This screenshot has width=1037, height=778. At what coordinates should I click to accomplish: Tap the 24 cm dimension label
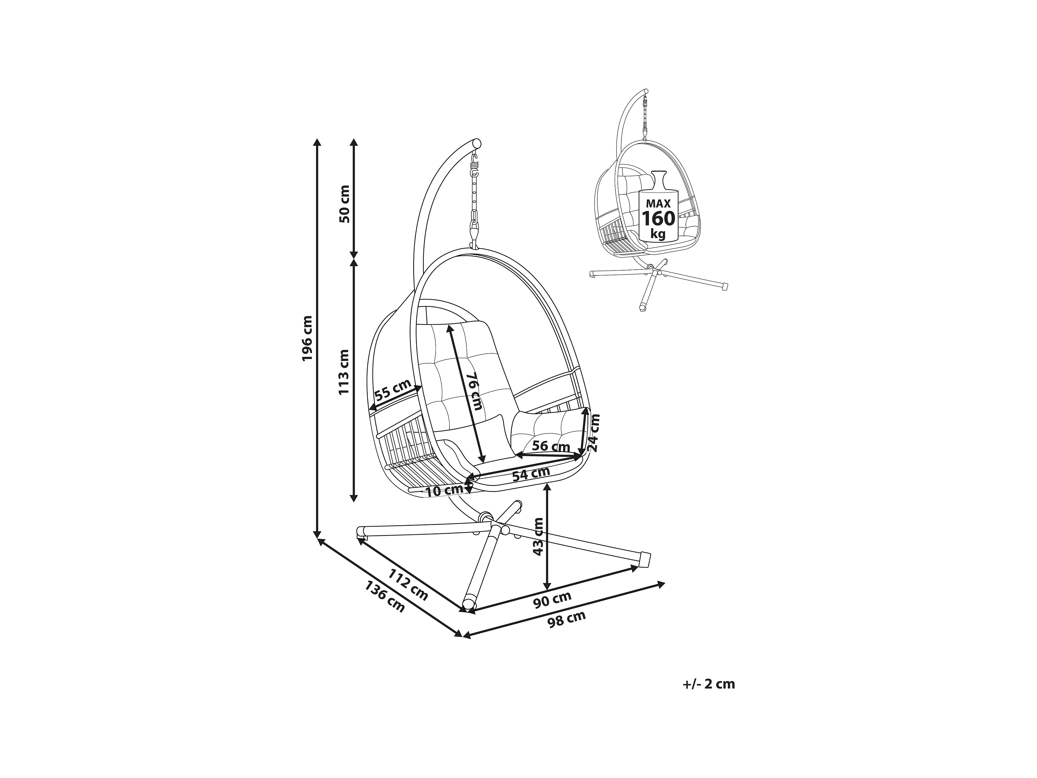point(595,432)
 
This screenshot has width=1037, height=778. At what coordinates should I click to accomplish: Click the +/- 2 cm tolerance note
point(708,684)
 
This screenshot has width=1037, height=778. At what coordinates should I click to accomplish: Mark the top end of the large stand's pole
point(477,143)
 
